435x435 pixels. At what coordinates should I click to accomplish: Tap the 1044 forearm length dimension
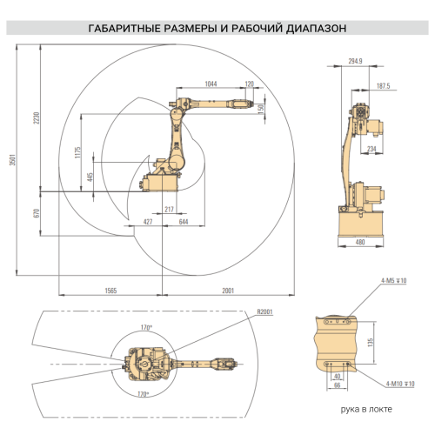(211, 84)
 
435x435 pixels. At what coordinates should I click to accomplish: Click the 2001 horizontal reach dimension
(228, 290)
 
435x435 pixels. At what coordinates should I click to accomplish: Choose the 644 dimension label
(184, 223)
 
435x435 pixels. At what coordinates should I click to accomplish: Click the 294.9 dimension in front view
(355, 62)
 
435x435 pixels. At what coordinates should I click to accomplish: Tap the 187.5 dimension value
(383, 85)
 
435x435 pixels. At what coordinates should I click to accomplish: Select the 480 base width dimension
(360, 243)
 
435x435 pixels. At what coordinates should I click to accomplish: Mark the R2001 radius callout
(264, 311)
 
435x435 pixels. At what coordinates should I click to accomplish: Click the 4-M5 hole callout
(393, 281)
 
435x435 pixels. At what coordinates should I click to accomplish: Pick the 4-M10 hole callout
(397, 383)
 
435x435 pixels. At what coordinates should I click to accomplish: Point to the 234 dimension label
(371, 150)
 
